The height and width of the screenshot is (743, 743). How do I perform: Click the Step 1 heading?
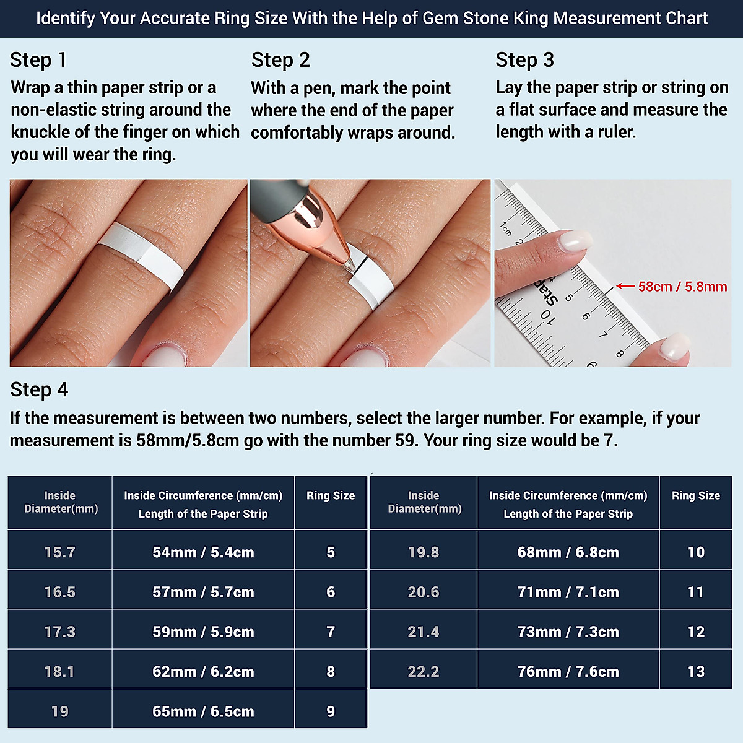38,60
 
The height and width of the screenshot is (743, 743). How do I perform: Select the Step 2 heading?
280,60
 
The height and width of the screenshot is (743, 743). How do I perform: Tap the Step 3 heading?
524,60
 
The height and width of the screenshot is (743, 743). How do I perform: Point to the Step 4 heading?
39,389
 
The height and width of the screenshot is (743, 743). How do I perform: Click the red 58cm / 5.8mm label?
682,287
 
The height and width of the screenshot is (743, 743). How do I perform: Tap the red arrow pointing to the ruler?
625,286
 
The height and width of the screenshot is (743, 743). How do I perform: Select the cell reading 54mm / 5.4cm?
203,552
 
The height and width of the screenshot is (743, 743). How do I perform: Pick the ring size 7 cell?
331,632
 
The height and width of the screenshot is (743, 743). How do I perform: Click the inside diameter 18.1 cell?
59,671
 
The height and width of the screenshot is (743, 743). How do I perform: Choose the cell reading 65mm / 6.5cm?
203,711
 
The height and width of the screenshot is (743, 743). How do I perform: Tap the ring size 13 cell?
695,671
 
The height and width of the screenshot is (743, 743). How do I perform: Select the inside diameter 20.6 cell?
424,592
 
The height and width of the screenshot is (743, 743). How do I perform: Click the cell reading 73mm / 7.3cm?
568,632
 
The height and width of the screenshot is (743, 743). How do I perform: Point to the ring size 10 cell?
695,552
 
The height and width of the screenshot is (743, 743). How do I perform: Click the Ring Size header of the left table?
331,495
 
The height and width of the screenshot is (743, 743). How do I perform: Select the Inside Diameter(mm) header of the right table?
424,502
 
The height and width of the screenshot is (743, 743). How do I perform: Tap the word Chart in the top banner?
687,18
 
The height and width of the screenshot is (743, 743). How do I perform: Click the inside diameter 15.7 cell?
59,552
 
